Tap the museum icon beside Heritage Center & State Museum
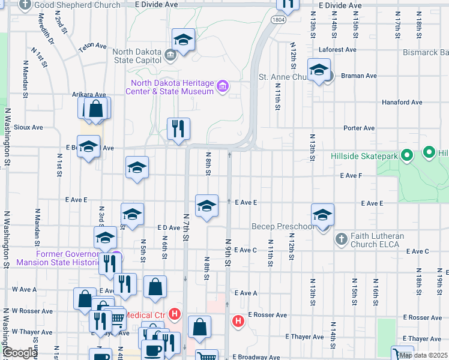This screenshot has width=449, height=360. point(223,87)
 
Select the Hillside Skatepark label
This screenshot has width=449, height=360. point(364,156)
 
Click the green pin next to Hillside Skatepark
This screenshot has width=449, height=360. point(406,155)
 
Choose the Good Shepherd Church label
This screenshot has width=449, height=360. point(77,5)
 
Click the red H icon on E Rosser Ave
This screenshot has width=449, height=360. point(238,321)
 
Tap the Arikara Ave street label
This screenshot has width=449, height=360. point(89,95)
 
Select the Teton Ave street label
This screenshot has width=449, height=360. point(92,46)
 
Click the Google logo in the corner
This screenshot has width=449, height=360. point(20,353)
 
